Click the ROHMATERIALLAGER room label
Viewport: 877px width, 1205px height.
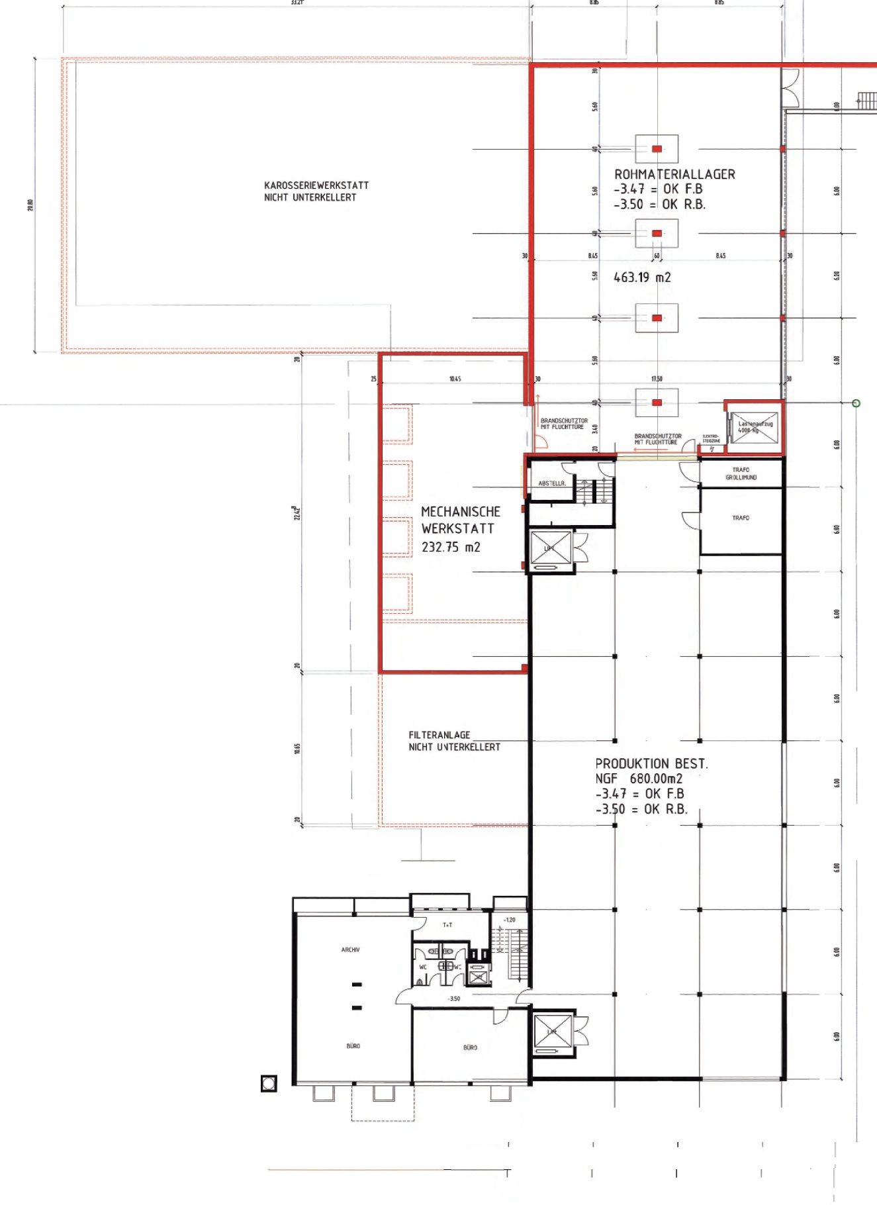(x=674, y=174)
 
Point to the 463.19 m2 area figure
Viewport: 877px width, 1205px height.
(x=642, y=277)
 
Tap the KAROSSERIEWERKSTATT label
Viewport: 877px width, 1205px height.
(x=316, y=185)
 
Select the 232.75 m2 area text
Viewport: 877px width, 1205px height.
(x=451, y=547)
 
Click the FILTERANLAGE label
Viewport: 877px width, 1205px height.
(x=439, y=735)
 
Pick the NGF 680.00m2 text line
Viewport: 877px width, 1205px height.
(x=638, y=779)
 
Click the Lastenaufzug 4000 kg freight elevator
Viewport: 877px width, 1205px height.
(x=755, y=427)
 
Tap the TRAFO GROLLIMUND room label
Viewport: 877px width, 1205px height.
(x=741, y=473)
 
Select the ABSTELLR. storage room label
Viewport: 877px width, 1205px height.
(x=551, y=483)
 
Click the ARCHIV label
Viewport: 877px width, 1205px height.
(x=350, y=949)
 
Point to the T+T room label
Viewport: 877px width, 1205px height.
(x=447, y=925)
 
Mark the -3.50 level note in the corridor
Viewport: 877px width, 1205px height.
(x=453, y=998)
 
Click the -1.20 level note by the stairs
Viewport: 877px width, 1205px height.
(x=509, y=920)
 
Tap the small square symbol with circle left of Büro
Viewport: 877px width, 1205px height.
(x=269, y=1084)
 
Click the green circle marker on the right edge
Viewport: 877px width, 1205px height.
(x=856, y=403)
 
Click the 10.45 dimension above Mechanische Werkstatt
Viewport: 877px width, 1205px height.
(x=455, y=379)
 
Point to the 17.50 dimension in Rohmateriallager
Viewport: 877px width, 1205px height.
(x=657, y=379)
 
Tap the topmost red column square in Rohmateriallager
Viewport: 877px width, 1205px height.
(x=657, y=149)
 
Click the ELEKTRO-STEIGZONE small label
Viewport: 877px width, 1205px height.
(x=711, y=438)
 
